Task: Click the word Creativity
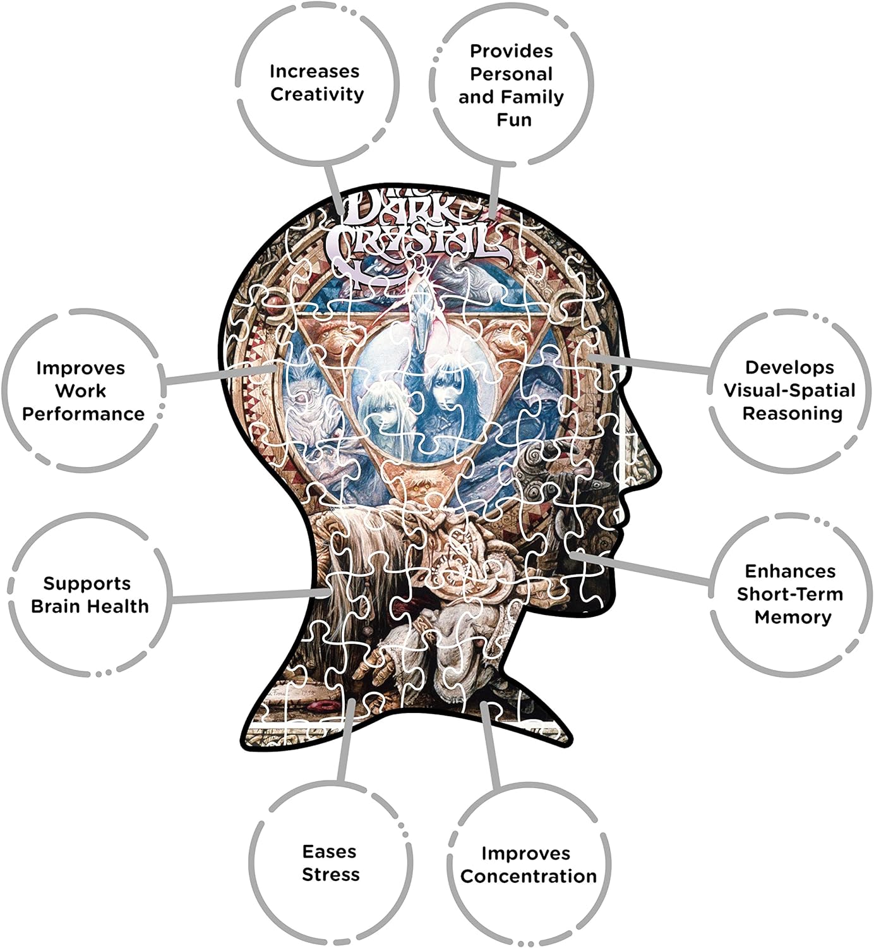317,95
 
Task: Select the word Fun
514,119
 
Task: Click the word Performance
83,414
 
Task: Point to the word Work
81,391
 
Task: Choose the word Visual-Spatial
789,391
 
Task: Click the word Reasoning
793,414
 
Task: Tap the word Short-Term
790,594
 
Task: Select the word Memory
793,617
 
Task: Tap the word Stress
330,875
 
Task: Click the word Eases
329,851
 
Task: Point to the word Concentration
528,876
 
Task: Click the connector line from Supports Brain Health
251,596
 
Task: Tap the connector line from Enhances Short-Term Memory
639,569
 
